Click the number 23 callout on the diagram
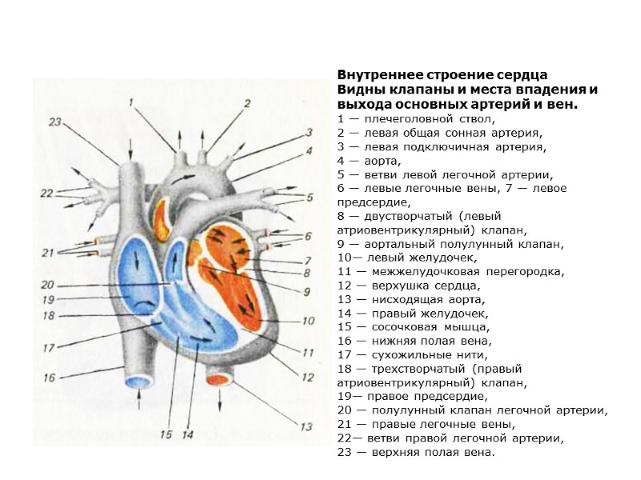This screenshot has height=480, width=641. (54, 122)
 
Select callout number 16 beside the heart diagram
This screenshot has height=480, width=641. (49, 377)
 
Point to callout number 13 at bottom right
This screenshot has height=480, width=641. (305, 426)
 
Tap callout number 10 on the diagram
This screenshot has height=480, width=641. (307, 322)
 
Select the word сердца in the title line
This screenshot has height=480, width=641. (503, 74)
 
